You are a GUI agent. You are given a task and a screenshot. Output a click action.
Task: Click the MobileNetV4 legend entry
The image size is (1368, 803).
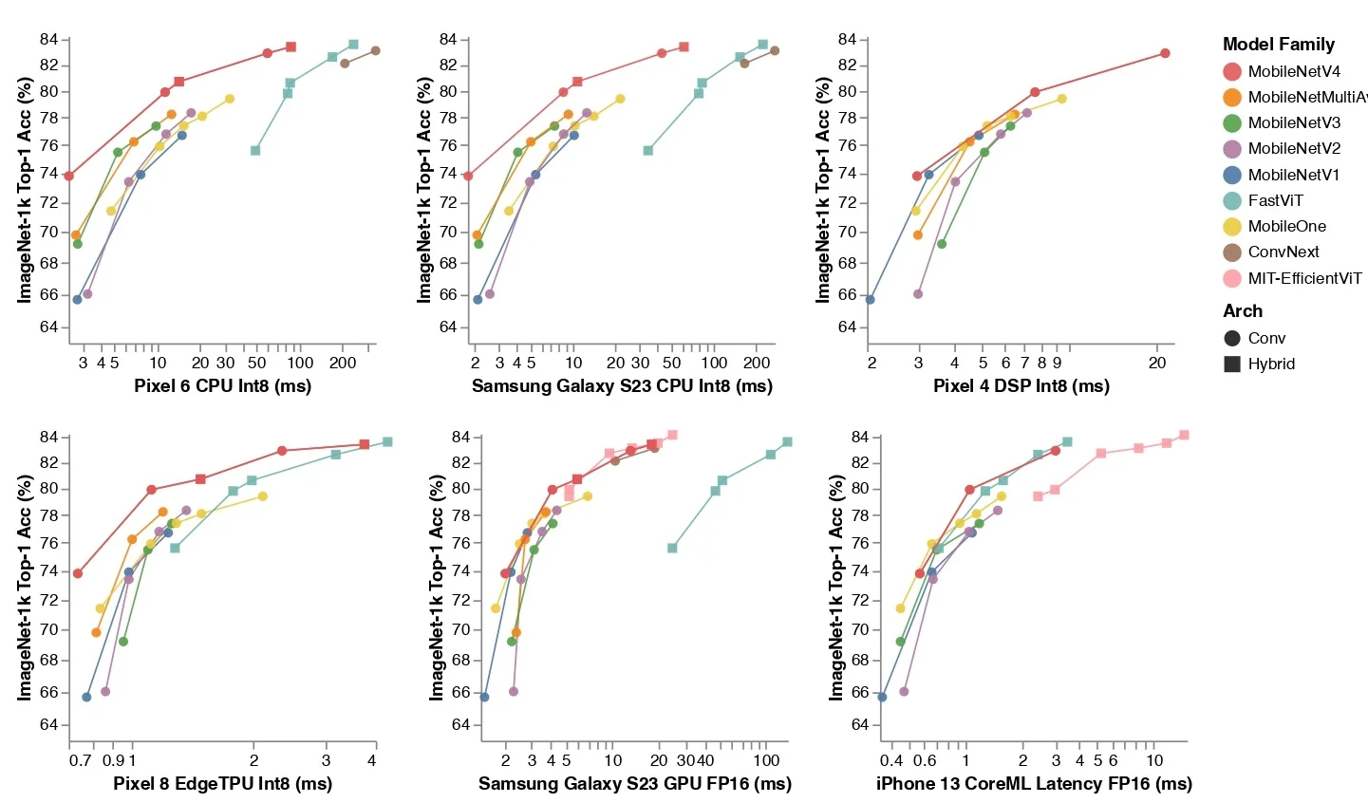(1293, 71)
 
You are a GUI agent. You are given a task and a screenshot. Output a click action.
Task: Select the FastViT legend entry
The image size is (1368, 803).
(1275, 200)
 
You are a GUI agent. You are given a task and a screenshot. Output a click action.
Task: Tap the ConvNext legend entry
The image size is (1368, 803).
(1283, 252)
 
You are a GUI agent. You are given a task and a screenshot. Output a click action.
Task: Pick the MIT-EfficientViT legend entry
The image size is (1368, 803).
(1303, 278)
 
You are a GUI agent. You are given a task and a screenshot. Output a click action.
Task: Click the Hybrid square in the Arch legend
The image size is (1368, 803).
(1232, 364)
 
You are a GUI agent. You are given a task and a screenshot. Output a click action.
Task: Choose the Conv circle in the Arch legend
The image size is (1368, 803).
(1232, 338)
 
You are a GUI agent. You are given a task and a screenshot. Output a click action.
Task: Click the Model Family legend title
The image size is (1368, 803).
(1278, 44)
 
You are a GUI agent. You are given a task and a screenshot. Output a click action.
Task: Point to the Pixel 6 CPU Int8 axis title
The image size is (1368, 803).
(222, 385)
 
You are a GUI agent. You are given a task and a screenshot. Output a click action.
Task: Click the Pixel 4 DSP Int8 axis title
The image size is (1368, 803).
(1021, 385)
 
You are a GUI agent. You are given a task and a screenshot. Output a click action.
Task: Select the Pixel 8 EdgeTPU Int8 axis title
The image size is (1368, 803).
(222, 783)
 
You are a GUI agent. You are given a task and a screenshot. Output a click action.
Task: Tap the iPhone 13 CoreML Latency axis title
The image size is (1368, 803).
(1033, 783)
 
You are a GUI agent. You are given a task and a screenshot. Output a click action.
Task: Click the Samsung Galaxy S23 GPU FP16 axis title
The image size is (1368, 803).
(634, 783)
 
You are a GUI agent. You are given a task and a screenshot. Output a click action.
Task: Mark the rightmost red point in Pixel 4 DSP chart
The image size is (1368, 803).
(1165, 53)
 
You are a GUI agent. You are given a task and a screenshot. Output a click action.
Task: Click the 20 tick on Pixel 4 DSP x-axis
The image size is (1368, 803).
(1156, 363)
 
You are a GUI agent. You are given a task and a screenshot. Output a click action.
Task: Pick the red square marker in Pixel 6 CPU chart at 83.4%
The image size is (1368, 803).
(290, 47)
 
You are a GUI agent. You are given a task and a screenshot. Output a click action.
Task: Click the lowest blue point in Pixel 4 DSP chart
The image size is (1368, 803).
(870, 299)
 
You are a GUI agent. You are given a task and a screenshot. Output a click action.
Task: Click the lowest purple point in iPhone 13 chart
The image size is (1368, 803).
(904, 691)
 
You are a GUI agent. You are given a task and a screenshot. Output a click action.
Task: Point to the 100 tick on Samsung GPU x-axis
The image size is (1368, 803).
(766, 760)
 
